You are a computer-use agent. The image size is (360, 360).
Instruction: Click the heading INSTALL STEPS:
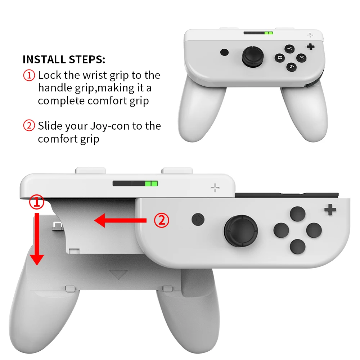pos(64,59)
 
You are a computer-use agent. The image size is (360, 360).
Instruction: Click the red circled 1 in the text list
pos(29,75)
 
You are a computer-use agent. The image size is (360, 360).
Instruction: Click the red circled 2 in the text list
pos(29,126)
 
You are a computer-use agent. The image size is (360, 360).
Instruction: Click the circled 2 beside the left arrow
pos(161,220)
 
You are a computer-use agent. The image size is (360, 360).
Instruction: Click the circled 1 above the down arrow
pos(37,202)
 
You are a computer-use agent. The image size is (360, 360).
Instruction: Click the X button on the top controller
pos(301,58)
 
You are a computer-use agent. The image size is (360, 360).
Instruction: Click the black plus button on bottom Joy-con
pos(330,210)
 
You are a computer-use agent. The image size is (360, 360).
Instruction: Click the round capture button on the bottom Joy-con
pos(198,219)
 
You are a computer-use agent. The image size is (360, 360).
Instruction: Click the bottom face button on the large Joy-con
pos(297,246)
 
